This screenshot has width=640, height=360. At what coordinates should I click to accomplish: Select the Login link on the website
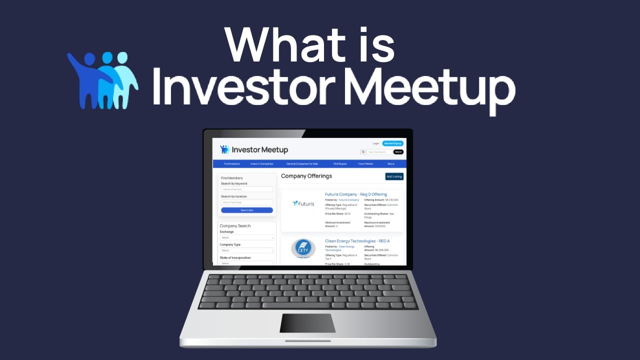376,143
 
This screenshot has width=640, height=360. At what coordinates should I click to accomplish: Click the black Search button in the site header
398,152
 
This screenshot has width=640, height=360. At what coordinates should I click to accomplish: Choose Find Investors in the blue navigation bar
232,164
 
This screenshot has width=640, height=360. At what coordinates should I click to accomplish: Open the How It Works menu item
365,164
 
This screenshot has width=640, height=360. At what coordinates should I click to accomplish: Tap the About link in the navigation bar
391,164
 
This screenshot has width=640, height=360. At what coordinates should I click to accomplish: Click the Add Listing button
394,176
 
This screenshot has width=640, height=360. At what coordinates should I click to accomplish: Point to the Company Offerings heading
306,176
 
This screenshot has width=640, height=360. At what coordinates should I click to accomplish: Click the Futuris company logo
303,203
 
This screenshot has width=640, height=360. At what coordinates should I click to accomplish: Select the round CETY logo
303,248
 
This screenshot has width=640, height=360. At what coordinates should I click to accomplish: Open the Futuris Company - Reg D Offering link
356,194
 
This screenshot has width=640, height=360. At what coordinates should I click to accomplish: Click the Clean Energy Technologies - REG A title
357,241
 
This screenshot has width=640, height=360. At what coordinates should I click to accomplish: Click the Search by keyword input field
247,189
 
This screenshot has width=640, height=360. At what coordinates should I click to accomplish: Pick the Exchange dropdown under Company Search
247,237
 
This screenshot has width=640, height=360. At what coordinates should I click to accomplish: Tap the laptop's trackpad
307,323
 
